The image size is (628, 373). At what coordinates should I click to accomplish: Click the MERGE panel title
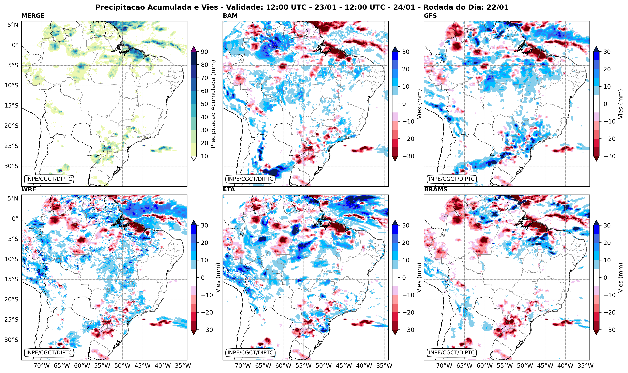click(x=33, y=16)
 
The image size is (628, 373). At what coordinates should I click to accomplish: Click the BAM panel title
click(x=230, y=16)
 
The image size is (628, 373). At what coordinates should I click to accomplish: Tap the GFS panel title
click(x=430, y=16)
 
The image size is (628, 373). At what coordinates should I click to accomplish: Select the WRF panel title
click(x=29, y=189)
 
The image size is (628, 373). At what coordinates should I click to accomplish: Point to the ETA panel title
click(x=229, y=189)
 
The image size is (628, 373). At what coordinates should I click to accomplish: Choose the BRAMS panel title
click(x=436, y=189)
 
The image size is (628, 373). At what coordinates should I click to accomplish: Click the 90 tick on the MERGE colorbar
click(x=204, y=52)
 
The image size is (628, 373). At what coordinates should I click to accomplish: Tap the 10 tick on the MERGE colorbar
click(x=204, y=156)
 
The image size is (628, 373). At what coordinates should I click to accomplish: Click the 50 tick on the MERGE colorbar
click(x=204, y=104)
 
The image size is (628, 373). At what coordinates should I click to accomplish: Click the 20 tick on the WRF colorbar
click(x=204, y=243)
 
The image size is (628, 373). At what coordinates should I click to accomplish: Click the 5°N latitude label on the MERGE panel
click(x=13, y=25)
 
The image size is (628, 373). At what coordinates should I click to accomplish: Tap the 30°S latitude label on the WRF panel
click(x=11, y=340)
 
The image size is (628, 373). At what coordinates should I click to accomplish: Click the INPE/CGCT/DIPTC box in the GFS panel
click(x=452, y=179)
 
